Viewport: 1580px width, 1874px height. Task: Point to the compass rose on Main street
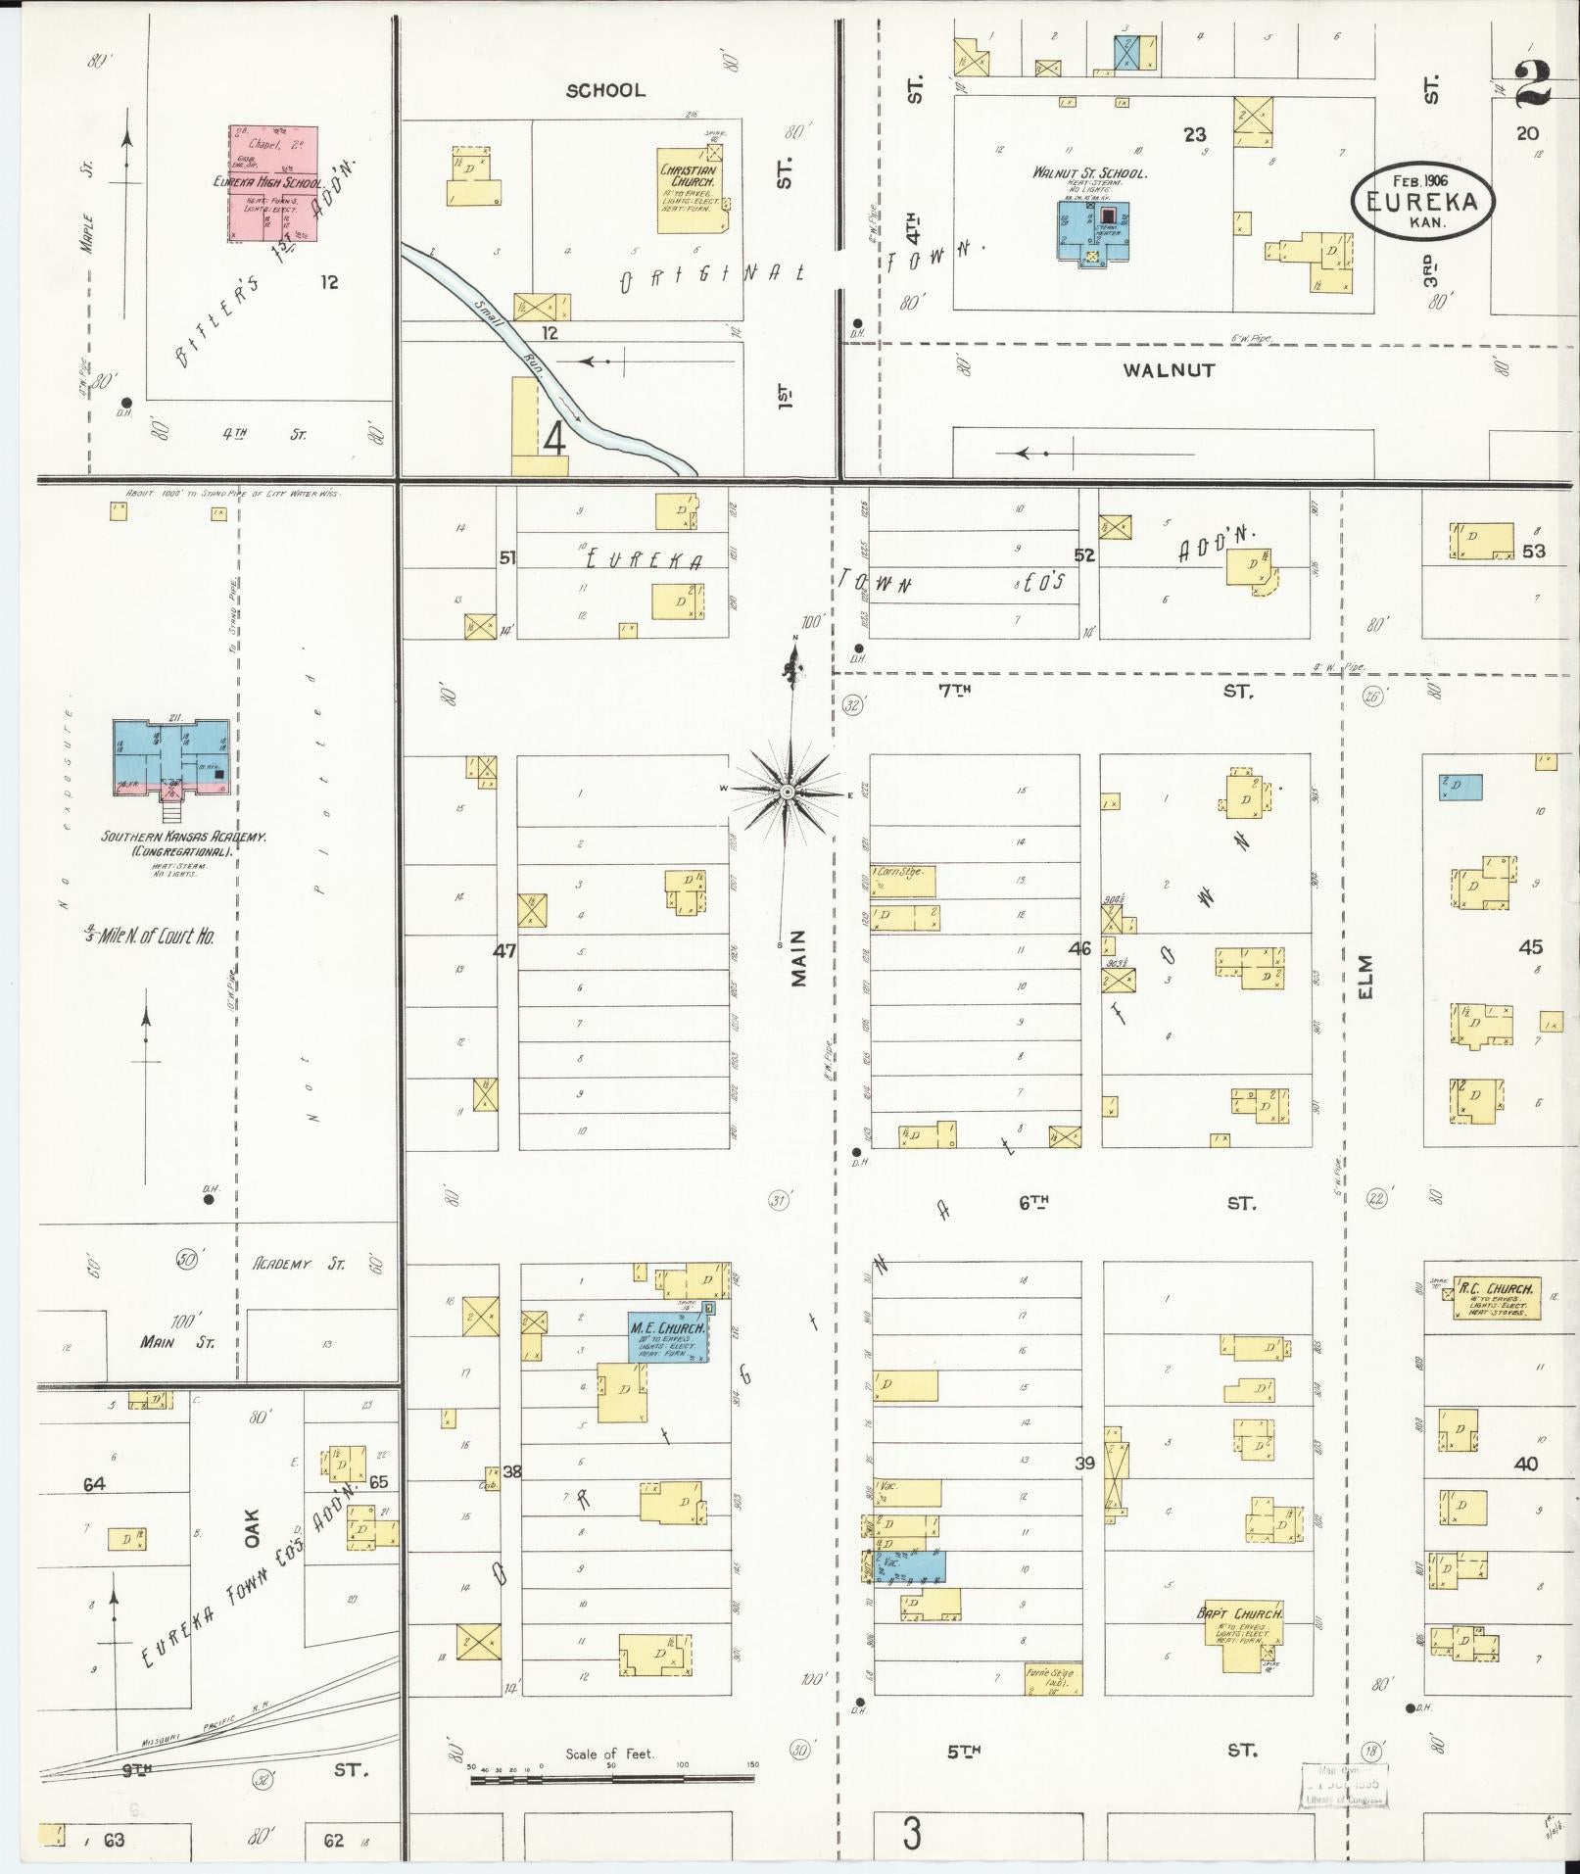[x=787, y=792]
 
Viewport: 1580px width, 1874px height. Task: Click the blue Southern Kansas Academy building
[x=170, y=755]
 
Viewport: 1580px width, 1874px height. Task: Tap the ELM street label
[x=1366, y=977]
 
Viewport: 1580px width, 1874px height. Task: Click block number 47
[x=504, y=950]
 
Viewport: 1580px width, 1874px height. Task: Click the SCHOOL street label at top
[x=605, y=90]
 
